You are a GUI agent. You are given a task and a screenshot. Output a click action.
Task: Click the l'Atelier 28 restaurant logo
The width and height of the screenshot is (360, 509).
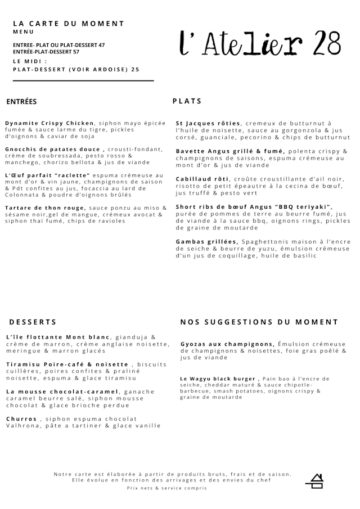pyautogui.click(x=260, y=44)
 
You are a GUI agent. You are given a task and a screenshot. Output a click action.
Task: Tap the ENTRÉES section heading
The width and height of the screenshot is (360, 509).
pyautogui.click(x=21, y=102)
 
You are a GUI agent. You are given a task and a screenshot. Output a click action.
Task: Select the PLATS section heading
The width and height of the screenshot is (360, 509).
pyautogui.click(x=187, y=101)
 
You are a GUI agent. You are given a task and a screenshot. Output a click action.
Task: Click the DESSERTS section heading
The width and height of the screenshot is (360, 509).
pyautogui.click(x=33, y=322)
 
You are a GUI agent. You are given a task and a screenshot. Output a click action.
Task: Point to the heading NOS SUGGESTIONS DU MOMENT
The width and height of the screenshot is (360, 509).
pyautogui.click(x=259, y=322)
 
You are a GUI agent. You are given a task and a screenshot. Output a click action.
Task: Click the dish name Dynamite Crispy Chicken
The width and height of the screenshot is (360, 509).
pyautogui.click(x=50, y=123)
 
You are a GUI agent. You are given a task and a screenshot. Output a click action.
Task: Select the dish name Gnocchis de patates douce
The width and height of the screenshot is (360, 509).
pyautogui.click(x=53, y=149)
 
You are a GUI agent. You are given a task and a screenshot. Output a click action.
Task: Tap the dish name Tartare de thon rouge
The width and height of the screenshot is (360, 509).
pyautogui.click(x=45, y=208)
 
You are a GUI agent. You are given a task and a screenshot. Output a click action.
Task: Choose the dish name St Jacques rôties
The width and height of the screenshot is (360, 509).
pyautogui.click(x=208, y=123)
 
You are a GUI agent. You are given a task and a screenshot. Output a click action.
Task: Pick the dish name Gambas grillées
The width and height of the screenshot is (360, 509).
pyautogui.click(x=207, y=241)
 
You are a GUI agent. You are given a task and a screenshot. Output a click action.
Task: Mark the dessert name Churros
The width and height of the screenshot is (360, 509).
pyautogui.click(x=21, y=418)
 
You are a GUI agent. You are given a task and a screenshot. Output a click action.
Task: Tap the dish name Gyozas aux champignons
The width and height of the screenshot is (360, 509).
pyautogui.click(x=227, y=344)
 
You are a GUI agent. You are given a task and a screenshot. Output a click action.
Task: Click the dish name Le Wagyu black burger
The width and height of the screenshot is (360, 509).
pyautogui.click(x=218, y=379)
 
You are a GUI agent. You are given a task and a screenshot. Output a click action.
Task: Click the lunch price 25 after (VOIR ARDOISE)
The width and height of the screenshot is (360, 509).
pyautogui.click(x=135, y=70)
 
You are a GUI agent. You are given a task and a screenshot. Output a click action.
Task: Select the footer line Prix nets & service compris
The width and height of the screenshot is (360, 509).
pyautogui.click(x=166, y=488)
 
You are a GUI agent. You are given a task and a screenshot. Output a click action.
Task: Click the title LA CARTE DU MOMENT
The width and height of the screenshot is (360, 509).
pyautogui.click(x=69, y=24)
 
